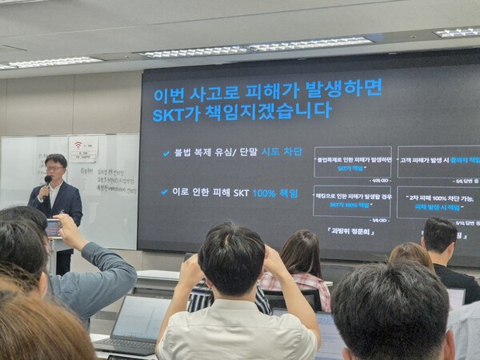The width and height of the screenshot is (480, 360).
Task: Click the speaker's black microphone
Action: click(47, 182)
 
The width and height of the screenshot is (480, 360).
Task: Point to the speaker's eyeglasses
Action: click(54, 169)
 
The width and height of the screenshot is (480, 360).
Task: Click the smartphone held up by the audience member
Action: click(54, 227)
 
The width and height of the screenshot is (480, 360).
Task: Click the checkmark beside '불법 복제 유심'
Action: click(166, 153)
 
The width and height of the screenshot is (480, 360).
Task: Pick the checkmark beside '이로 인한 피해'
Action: click(165, 192)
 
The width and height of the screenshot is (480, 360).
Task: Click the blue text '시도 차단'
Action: click(282, 152)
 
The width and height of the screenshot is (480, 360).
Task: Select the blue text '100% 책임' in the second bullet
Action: click(274, 193)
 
